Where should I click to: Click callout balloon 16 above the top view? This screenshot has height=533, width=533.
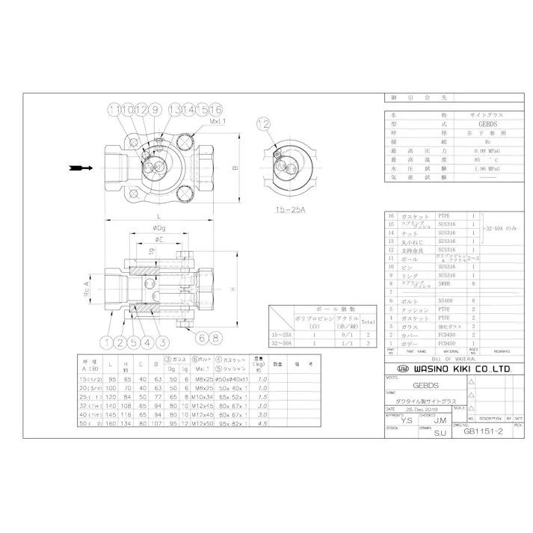tap(217, 110)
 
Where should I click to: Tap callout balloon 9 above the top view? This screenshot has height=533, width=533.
tap(155, 110)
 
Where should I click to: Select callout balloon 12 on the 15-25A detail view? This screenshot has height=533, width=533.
tap(262, 123)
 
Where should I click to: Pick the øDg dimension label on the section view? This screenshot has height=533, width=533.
tap(158, 228)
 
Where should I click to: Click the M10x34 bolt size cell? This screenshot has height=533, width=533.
tap(200, 398)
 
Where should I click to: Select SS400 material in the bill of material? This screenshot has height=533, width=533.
tap(446, 300)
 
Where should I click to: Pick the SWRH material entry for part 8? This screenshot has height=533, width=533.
tap(446, 283)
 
